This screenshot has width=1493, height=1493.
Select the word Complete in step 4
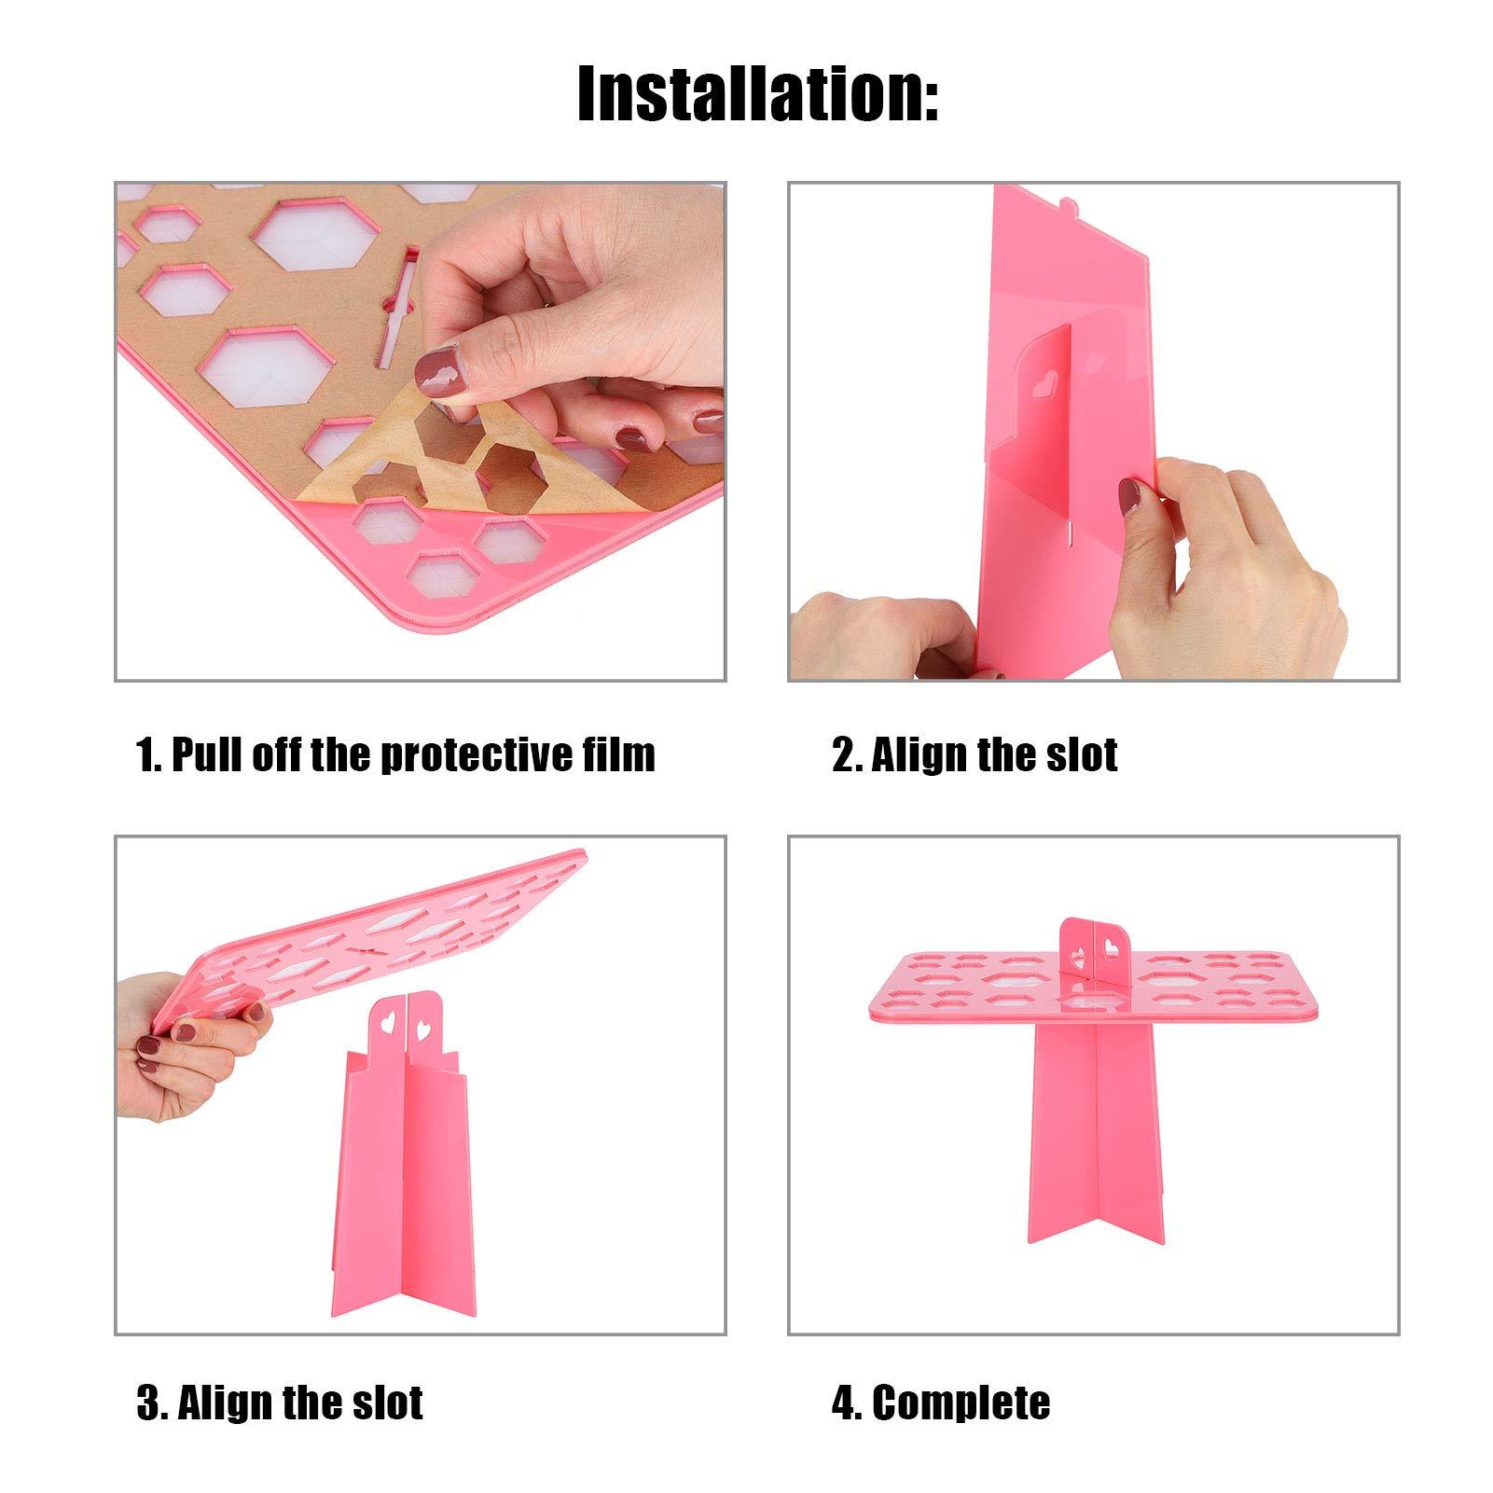(961, 1403)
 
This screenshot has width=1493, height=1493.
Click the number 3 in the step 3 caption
(147, 1403)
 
